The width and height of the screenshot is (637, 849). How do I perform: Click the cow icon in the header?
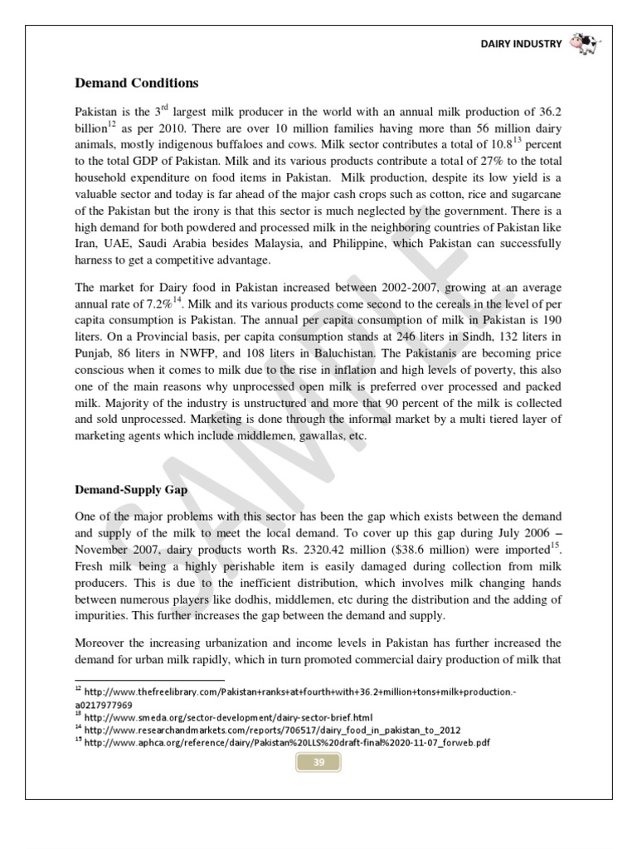click(x=585, y=44)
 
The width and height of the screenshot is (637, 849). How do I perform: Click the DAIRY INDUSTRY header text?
click(x=522, y=45)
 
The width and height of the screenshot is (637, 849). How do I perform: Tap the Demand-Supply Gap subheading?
click(x=132, y=490)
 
